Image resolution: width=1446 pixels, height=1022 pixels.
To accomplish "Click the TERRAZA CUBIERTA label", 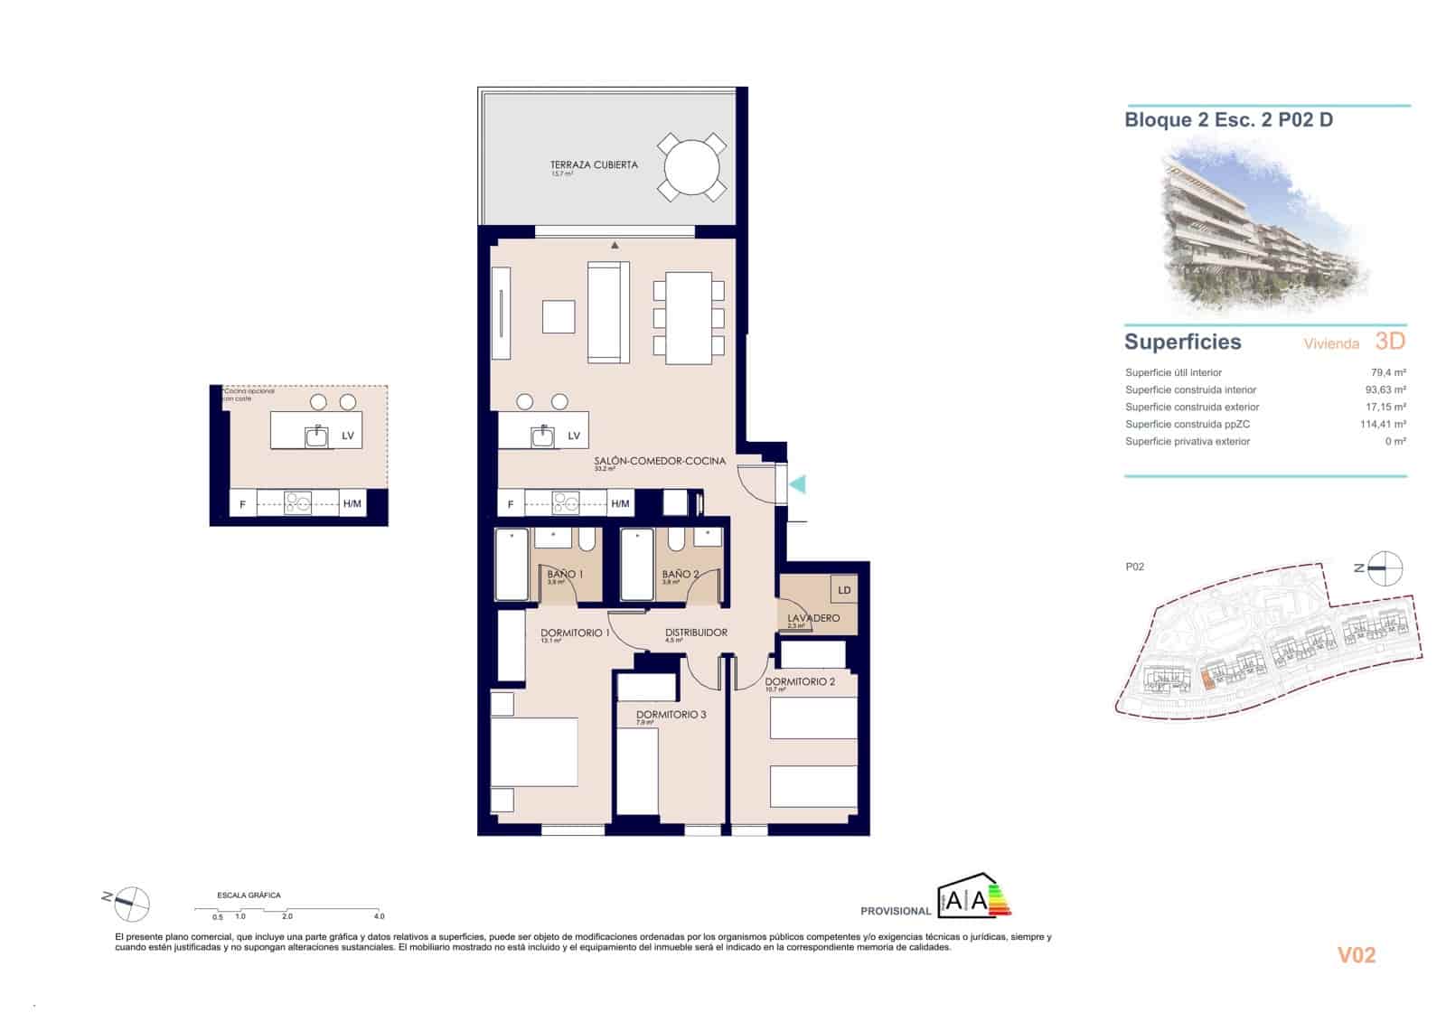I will point(594,165).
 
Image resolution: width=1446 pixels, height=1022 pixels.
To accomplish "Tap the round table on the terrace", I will point(691,167).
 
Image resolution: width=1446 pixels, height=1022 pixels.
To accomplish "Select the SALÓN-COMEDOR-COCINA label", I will point(660,461).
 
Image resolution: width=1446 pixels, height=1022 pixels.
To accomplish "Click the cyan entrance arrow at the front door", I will point(797,485).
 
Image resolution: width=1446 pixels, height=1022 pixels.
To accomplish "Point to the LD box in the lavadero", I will point(844,590).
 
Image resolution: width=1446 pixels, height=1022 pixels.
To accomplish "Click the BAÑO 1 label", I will point(566,574).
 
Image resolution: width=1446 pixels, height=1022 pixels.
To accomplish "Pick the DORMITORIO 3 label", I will point(671,715).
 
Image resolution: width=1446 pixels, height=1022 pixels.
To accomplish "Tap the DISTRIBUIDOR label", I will point(696,633).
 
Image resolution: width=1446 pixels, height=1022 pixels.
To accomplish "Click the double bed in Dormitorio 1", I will point(534,752).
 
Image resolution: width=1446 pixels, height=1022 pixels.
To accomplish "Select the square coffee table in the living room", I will point(559,316).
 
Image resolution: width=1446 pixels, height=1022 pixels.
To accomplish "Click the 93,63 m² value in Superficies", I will point(1386,390).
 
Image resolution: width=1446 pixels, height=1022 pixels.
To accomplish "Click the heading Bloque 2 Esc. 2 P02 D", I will point(1228,120).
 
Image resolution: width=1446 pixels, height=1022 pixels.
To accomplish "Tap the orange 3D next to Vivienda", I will point(1390,341).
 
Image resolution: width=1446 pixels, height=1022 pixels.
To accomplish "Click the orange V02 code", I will point(1357,955).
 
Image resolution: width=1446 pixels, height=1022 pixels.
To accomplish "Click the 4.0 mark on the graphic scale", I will point(380,916).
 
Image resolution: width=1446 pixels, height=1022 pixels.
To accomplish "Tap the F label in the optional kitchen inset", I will point(242,504).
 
